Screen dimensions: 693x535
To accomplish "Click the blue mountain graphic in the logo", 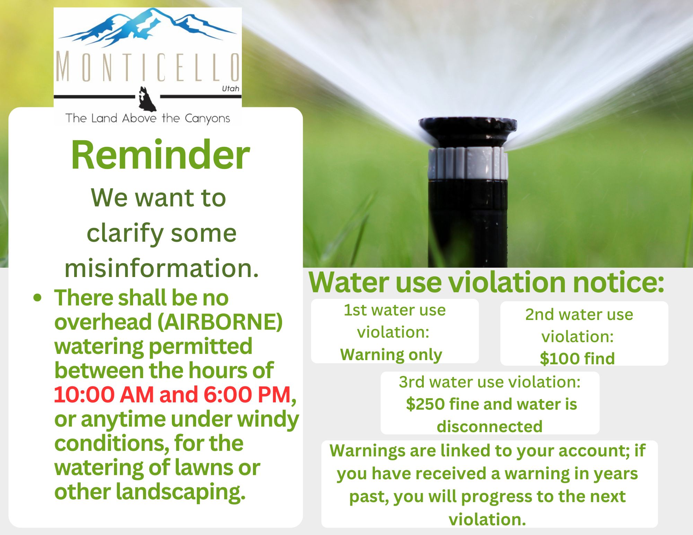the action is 147,28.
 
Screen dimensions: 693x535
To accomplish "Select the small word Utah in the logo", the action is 230,89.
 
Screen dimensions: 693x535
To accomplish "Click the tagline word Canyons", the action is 207,119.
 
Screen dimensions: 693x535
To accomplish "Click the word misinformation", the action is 162,268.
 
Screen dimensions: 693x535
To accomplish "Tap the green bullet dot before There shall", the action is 37,298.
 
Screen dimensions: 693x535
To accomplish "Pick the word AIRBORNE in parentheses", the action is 220,322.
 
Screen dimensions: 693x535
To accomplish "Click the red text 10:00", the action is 84,394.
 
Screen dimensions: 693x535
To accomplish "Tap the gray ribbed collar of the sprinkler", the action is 468,163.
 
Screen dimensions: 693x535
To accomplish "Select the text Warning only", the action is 391,355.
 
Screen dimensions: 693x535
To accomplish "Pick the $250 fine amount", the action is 426,404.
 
